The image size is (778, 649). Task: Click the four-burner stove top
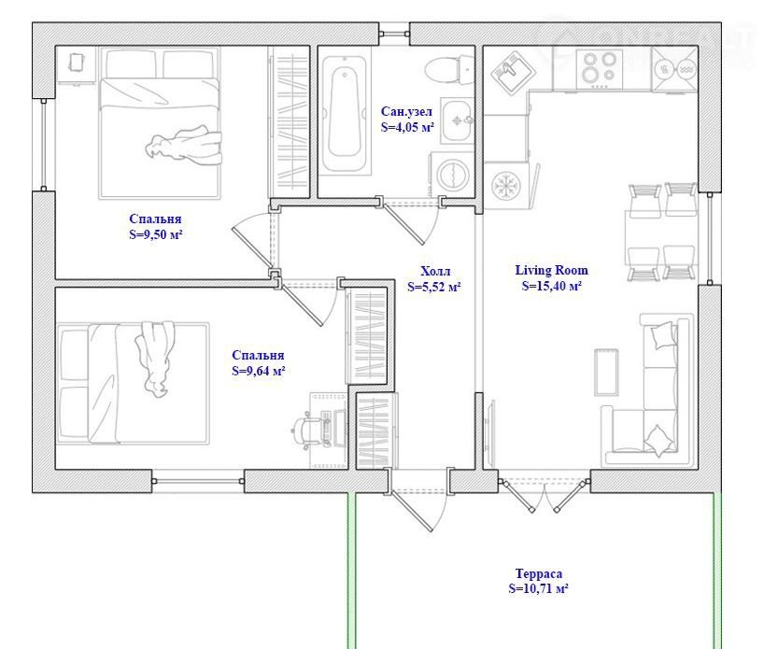pos(600,69)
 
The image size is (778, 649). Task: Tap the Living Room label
pos(551,270)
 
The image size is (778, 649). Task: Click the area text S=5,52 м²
pos(433,287)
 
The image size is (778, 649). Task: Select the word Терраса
pos(538,574)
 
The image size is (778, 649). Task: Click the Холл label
pos(435,271)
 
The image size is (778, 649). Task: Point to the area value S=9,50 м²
pos(155,234)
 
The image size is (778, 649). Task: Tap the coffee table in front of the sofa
pos(606,373)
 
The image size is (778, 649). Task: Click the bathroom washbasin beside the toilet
pos(458,120)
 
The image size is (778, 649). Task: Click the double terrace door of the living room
pos(545,494)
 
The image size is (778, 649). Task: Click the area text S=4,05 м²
pos(407,127)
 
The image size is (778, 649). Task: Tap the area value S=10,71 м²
pos(538,588)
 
